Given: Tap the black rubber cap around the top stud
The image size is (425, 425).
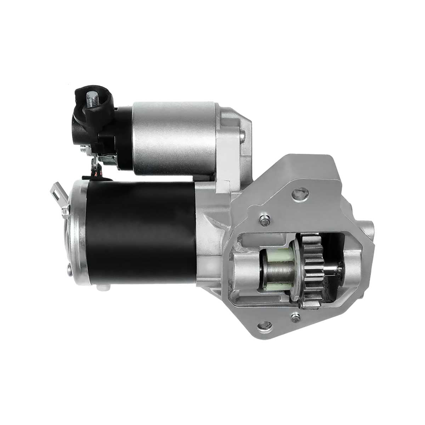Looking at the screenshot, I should [x=101, y=106].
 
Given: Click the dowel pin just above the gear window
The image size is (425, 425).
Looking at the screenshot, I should [x=263, y=220].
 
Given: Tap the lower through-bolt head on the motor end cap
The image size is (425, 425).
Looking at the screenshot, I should [x=69, y=271].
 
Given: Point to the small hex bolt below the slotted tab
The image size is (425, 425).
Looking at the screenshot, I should [x=65, y=212].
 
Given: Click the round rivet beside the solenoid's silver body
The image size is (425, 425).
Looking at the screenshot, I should [x=242, y=135].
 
